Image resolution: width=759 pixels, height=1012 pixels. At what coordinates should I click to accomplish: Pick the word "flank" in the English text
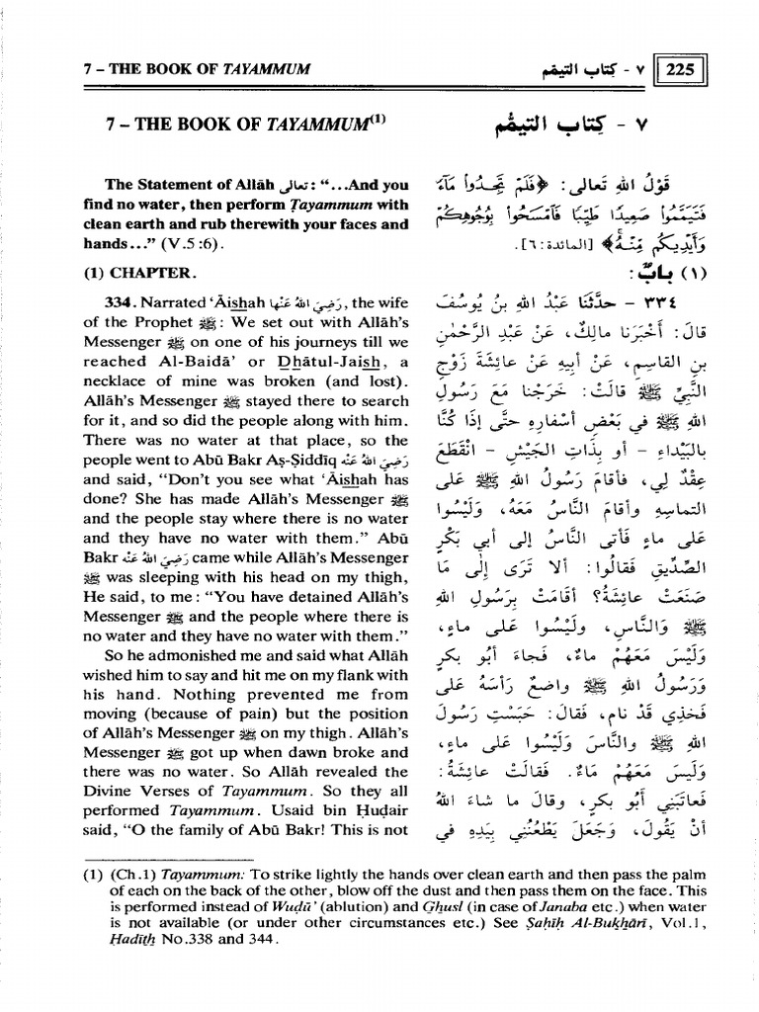(x=346, y=676)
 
